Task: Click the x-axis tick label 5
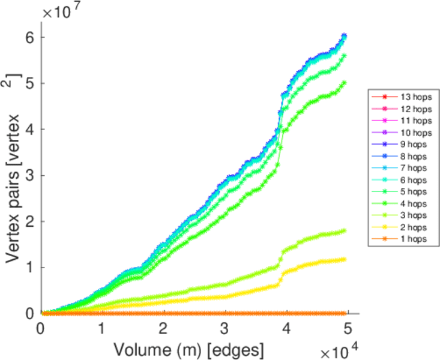click(x=348, y=329)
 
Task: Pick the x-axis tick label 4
click(x=286, y=329)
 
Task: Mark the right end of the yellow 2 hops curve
click(x=345, y=259)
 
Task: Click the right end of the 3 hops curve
click(x=345, y=230)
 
